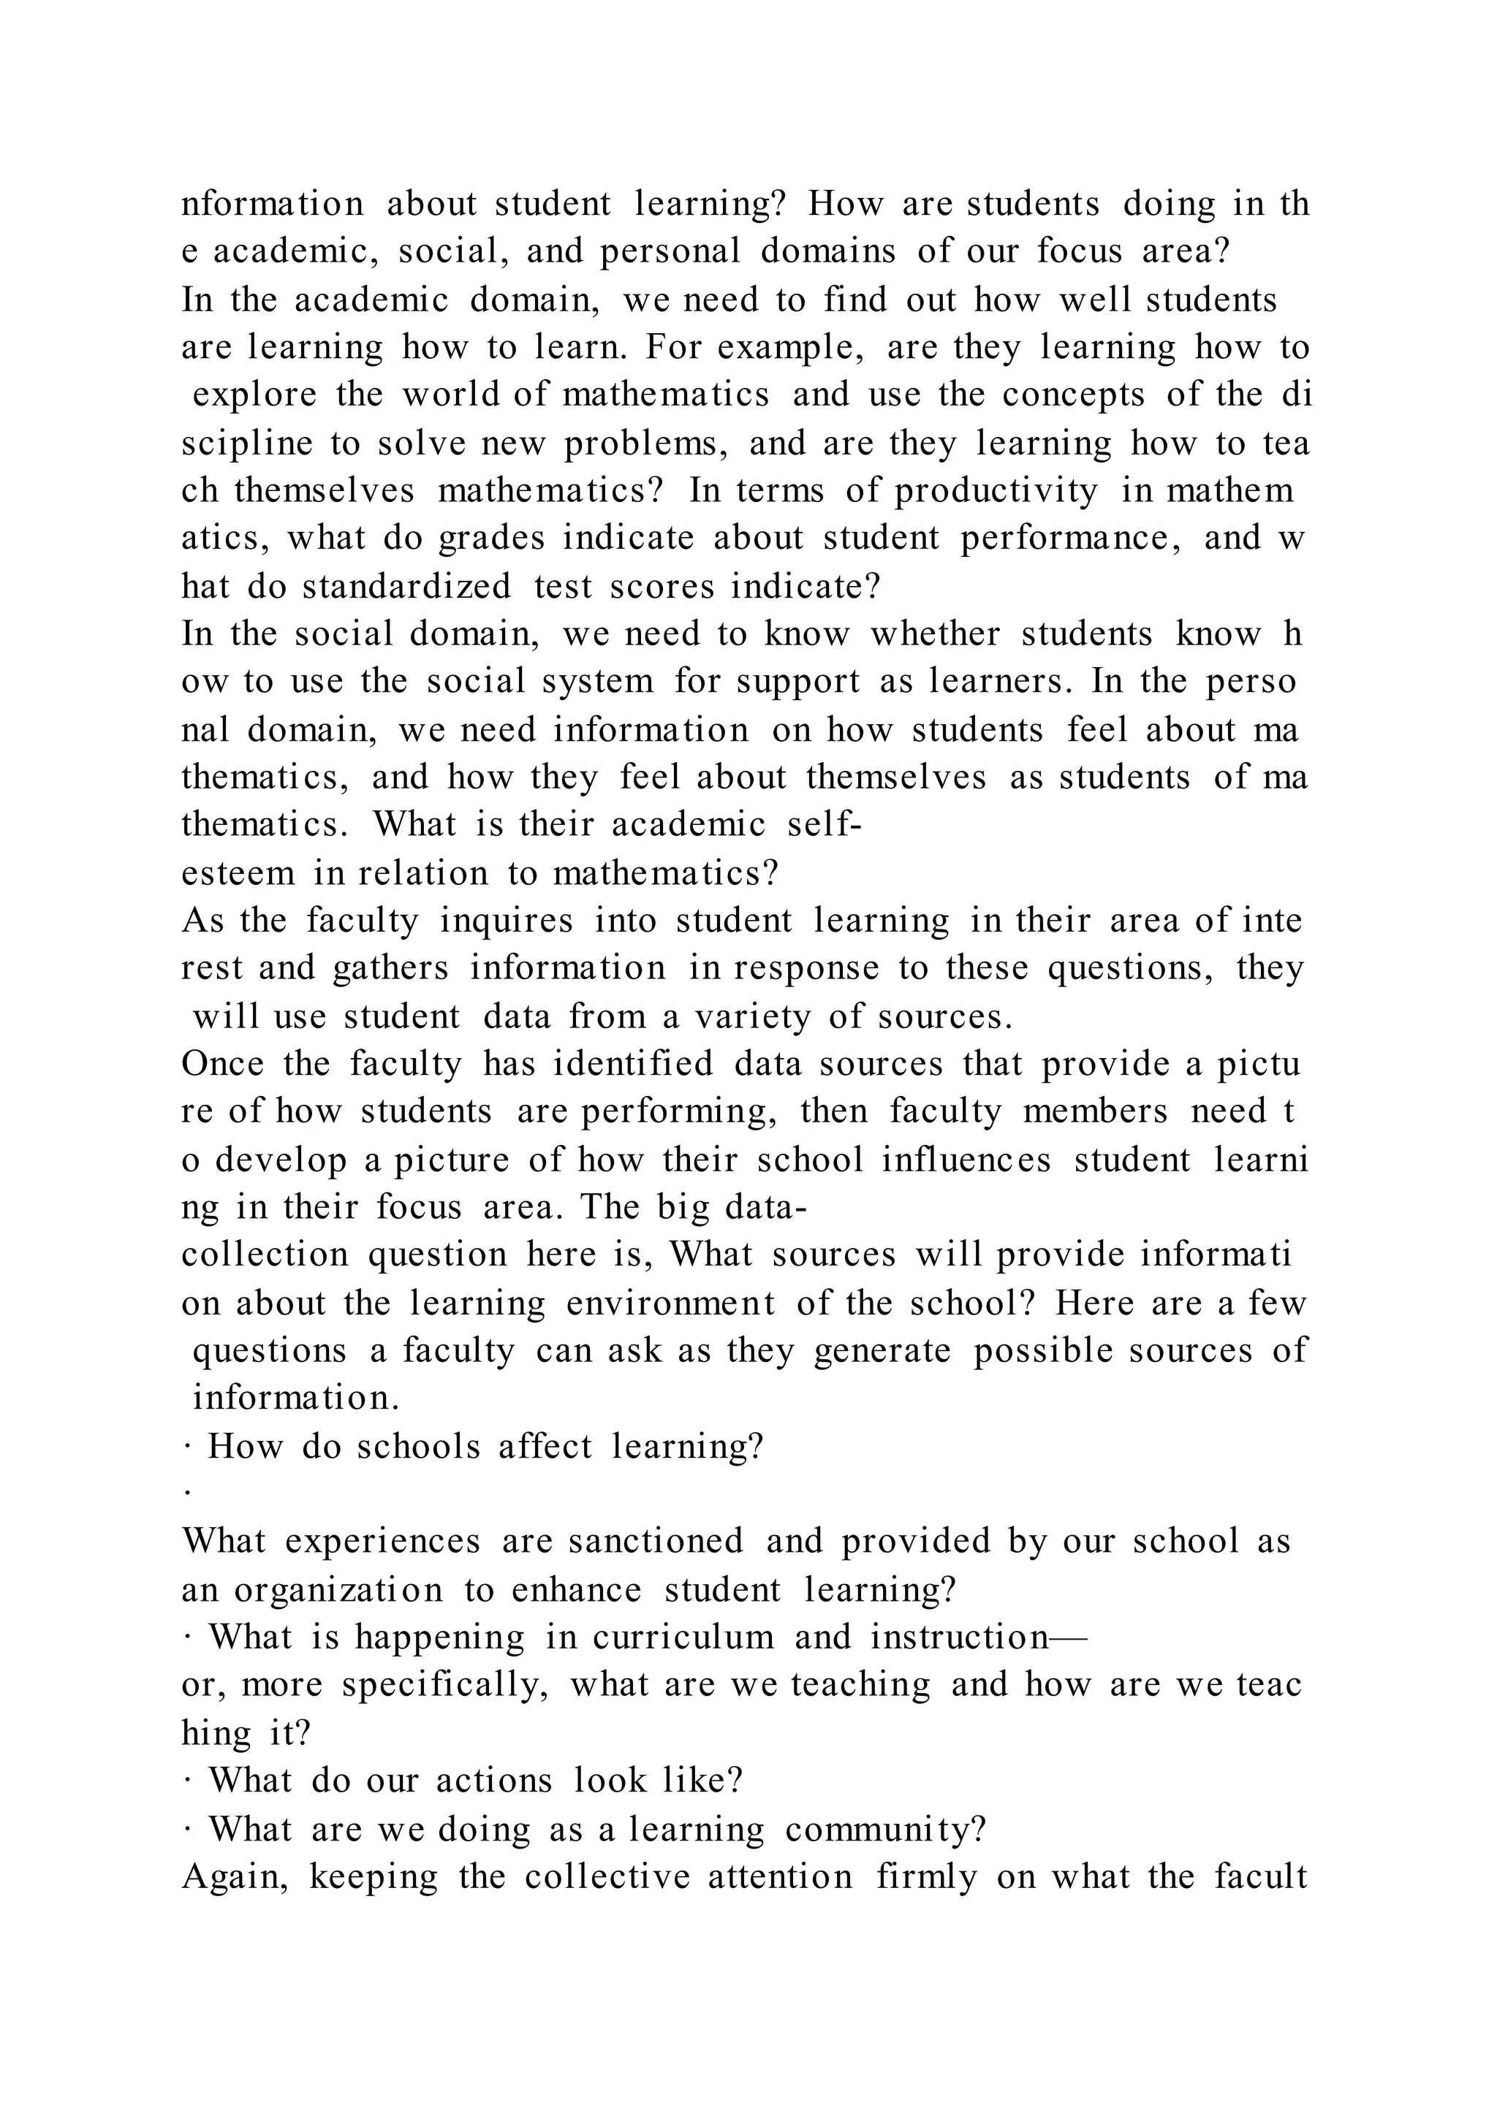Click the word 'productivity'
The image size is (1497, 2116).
coord(996,491)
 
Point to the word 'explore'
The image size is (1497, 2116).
coord(254,395)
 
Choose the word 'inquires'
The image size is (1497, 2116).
coord(506,921)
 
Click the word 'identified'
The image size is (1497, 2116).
coord(632,1065)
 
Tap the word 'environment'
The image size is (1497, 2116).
coord(670,1304)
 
